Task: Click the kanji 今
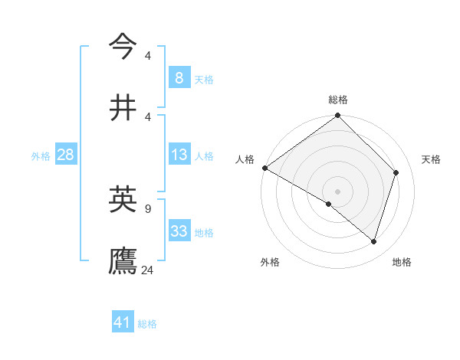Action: [x=123, y=46]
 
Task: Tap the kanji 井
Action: [x=123, y=107]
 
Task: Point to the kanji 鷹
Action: [x=123, y=260]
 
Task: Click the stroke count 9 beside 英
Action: [x=147, y=208]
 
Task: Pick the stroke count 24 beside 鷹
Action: [x=148, y=270]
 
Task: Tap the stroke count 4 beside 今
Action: [x=147, y=55]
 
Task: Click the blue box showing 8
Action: [x=179, y=77]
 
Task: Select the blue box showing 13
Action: [x=179, y=155]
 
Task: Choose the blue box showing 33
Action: [x=179, y=231]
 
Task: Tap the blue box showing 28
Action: [x=65, y=155]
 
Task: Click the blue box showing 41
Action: [x=123, y=322]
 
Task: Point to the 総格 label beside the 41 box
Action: [x=147, y=324]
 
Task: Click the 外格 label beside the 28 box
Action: [x=41, y=156]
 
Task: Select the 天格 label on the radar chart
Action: [x=431, y=159]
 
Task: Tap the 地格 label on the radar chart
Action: [x=402, y=262]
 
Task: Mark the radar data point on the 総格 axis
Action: [x=337, y=116]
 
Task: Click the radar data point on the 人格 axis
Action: [x=264, y=168]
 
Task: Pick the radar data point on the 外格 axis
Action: [x=329, y=204]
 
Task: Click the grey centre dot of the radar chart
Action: [x=337, y=191]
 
